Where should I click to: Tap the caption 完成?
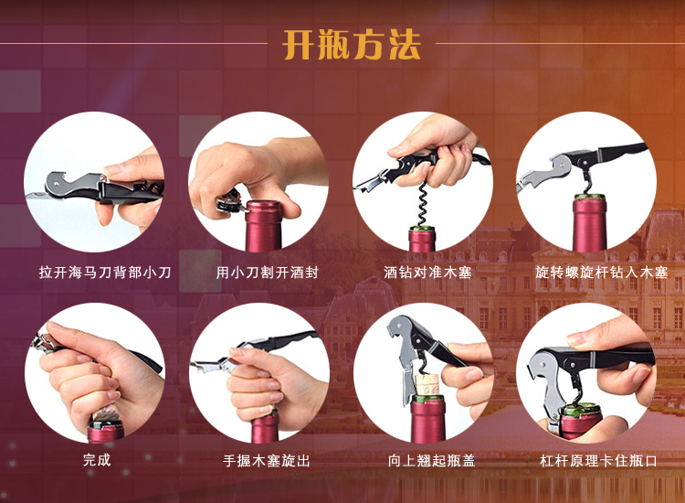[96, 460]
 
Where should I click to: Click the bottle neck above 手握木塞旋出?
[265, 425]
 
